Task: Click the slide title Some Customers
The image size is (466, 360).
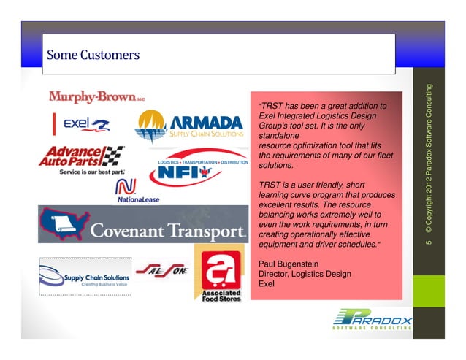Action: [93, 54]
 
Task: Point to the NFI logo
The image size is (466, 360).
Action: [179, 175]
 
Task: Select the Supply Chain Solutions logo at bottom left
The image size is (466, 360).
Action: [85, 277]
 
